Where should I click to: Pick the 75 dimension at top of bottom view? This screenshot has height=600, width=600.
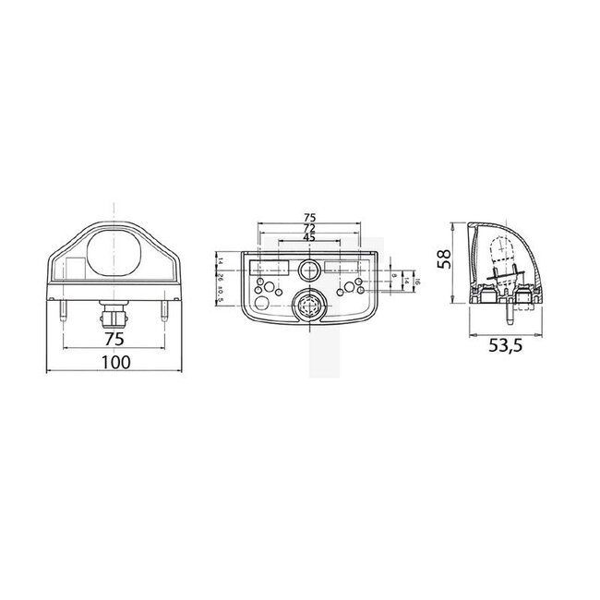(x=309, y=218)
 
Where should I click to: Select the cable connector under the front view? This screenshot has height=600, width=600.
(x=114, y=317)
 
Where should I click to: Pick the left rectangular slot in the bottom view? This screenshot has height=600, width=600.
(x=264, y=266)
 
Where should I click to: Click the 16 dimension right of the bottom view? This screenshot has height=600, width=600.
(x=418, y=281)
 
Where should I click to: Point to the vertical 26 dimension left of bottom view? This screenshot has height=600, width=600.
(x=222, y=281)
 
